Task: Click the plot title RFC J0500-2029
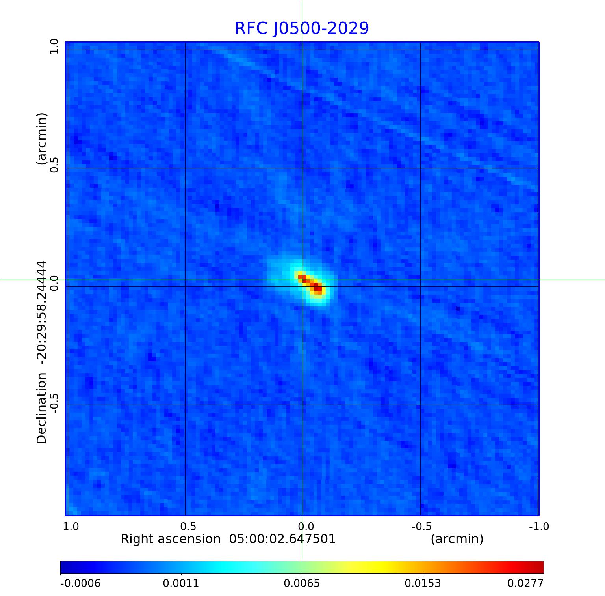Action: coord(302,28)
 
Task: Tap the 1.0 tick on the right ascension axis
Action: coord(71,526)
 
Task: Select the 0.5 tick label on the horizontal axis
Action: coord(188,526)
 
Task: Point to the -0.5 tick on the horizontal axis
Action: coord(421,526)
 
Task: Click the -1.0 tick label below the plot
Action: coord(538,526)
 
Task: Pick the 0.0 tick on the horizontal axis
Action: coord(306,526)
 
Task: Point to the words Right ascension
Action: coord(171,539)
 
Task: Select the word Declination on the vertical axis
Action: coord(42,408)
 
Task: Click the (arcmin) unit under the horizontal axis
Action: coord(457,539)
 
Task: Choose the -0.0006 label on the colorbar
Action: coord(80,583)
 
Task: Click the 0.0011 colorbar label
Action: coord(181,583)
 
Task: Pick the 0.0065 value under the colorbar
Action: coord(302,583)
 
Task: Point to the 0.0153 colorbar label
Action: coord(423,583)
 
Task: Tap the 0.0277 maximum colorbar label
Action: coord(525,583)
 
